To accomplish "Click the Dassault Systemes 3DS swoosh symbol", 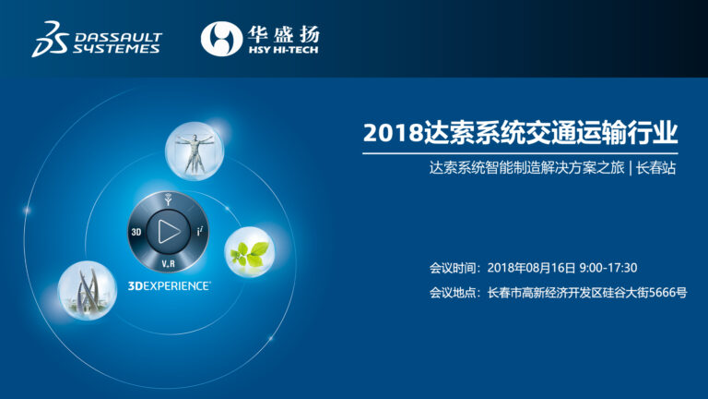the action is (x=50, y=39).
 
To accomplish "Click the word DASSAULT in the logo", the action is (x=118, y=37).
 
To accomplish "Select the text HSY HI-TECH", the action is (x=284, y=50).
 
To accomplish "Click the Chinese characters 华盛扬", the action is (x=284, y=33).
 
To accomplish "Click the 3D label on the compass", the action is (x=136, y=232).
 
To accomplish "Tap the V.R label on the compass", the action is (x=169, y=263).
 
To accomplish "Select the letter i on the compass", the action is (x=199, y=232).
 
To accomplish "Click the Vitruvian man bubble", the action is (x=195, y=151).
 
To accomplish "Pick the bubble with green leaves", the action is (x=250, y=252).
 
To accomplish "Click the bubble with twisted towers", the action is (x=88, y=291).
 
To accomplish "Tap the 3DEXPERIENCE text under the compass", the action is (x=169, y=286).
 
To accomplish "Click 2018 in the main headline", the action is (x=393, y=133).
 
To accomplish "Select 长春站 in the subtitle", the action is (x=656, y=168).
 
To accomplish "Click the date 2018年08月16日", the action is (x=531, y=268).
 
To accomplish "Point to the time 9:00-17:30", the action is (x=608, y=268).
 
